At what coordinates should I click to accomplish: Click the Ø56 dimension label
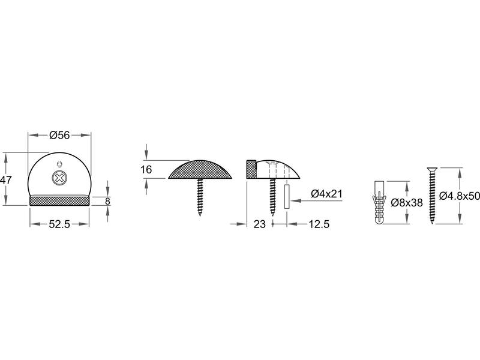click(x=59, y=135)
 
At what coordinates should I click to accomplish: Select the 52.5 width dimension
click(x=59, y=224)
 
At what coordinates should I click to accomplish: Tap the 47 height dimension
click(x=5, y=180)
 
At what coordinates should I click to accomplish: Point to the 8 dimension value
click(x=107, y=202)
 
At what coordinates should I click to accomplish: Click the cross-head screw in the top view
click(x=59, y=178)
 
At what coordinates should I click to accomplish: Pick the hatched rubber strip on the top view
click(x=59, y=200)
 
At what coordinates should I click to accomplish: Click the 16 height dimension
click(x=146, y=169)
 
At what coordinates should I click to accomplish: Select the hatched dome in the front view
click(x=200, y=169)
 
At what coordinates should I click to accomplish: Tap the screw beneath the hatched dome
click(x=200, y=197)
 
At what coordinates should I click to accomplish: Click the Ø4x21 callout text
click(x=326, y=194)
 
